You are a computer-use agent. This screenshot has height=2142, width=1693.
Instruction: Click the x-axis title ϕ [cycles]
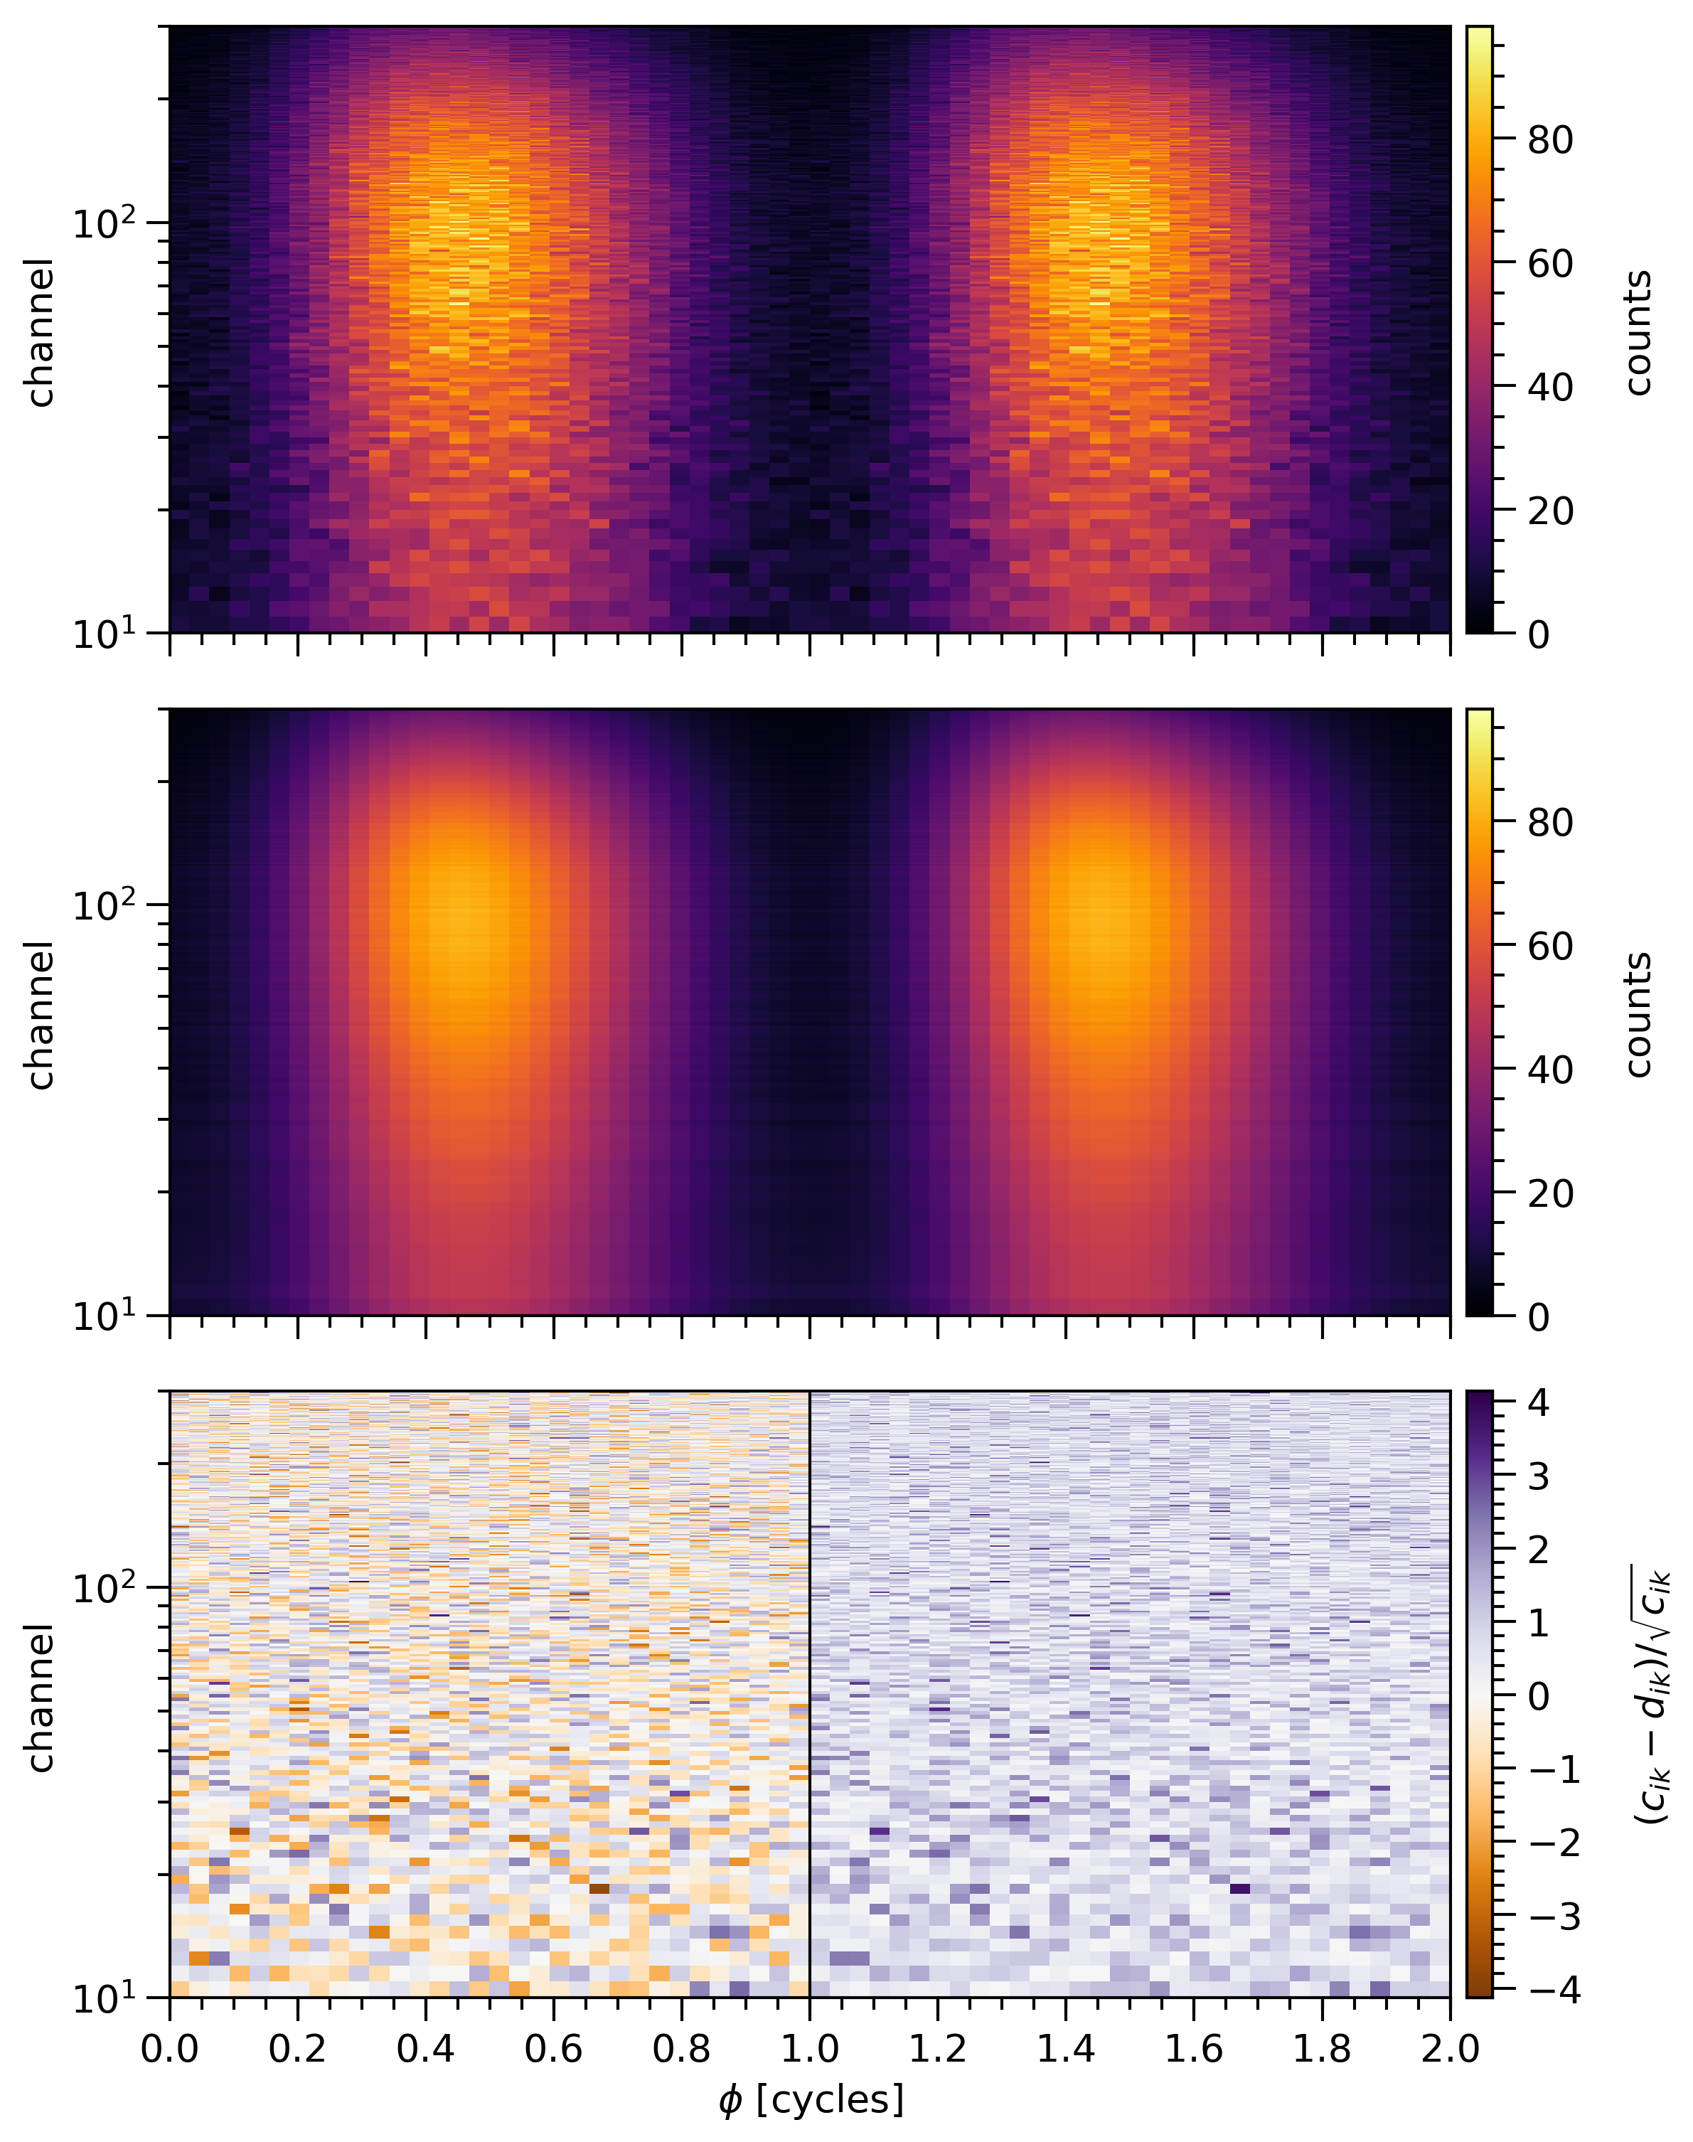coord(811,2099)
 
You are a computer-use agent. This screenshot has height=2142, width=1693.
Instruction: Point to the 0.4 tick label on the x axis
coord(425,2048)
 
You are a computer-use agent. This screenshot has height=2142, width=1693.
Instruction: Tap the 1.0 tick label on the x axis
coord(810,2048)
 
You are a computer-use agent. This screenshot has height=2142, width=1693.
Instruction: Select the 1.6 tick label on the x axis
coord(1193,2048)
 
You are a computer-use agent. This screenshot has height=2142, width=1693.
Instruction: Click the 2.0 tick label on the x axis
coord(1449,2048)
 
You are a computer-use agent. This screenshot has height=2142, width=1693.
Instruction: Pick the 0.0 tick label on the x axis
coord(169,2048)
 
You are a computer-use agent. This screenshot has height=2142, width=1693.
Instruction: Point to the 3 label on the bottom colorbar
coord(1539,1477)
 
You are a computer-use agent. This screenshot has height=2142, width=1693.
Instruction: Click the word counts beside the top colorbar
coord(1638,332)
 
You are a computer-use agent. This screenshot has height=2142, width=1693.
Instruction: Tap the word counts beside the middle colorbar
coord(1638,1014)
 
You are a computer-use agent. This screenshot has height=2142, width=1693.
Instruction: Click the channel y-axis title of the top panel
coord(40,332)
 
